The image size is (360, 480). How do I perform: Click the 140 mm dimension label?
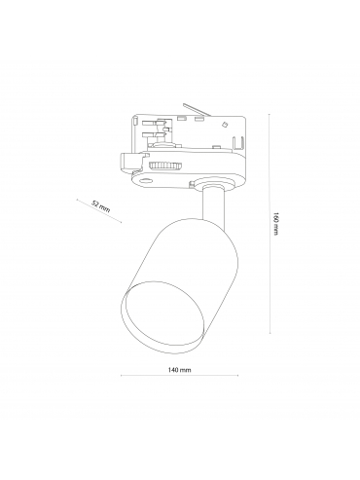tap(179, 370)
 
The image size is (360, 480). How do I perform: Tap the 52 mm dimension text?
tap(101, 206)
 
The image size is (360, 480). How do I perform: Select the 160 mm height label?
tap(275, 224)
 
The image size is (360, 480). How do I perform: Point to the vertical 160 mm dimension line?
tap(270, 224)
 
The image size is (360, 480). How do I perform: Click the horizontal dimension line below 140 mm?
tap(179, 376)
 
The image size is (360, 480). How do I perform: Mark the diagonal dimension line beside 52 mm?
tap(99, 211)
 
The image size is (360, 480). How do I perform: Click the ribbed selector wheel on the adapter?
tap(164, 166)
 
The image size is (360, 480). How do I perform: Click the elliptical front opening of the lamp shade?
tap(163, 316)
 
